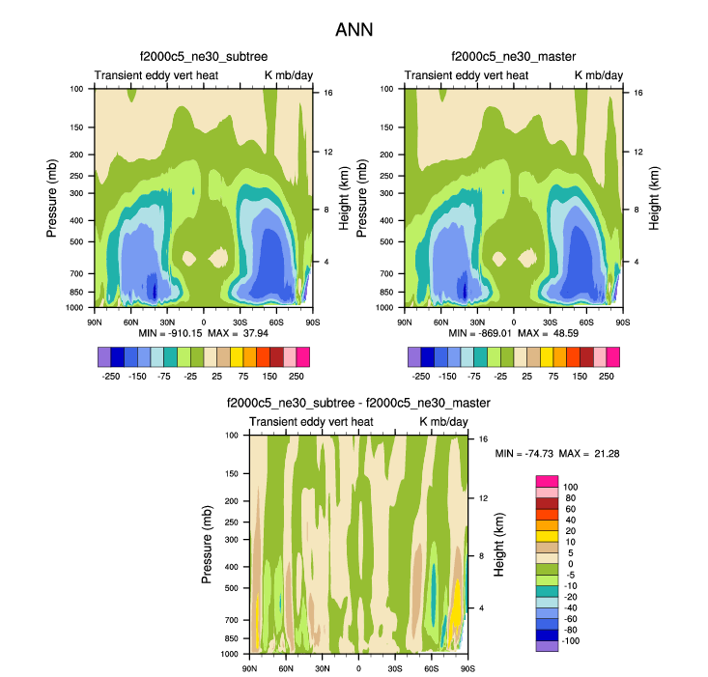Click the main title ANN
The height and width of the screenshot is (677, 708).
point(354,30)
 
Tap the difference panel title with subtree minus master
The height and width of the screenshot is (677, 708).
point(358,403)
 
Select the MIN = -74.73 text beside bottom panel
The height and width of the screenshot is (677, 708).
point(524,453)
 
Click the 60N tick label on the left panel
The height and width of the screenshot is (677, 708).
point(130,321)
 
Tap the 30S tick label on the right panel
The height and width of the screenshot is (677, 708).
point(551,321)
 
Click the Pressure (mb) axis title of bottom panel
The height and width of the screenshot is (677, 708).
point(207,545)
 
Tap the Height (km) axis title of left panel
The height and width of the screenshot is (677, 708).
point(344,197)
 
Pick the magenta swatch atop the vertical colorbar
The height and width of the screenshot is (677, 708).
point(547,481)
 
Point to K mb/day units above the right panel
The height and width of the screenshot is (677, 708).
point(599,74)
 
